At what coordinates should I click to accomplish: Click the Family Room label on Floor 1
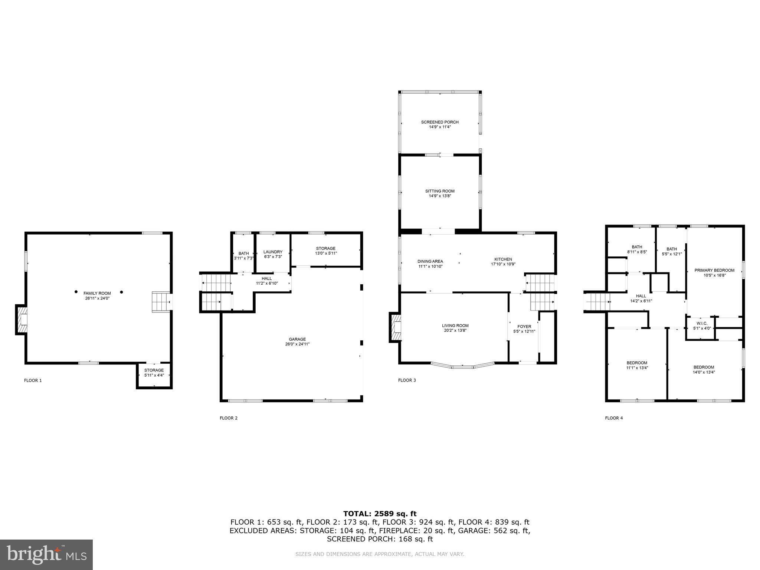click(97, 293)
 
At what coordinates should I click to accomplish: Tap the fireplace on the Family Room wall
click(22, 320)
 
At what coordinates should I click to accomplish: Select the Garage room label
click(297, 339)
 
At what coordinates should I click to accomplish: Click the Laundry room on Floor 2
click(273, 254)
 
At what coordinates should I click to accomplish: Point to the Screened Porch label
click(440, 122)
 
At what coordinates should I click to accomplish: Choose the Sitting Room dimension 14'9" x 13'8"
click(440, 196)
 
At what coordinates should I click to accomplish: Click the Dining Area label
click(430, 261)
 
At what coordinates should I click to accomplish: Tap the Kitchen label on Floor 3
click(503, 259)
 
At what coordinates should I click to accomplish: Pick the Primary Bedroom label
click(714, 271)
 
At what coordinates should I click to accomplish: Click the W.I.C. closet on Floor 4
click(700, 326)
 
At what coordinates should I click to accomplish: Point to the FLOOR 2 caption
click(229, 418)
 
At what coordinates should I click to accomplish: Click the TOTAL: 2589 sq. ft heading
click(380, 514)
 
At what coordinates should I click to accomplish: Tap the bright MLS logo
click(46, 554)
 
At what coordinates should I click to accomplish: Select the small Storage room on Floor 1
click(154, 373)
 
